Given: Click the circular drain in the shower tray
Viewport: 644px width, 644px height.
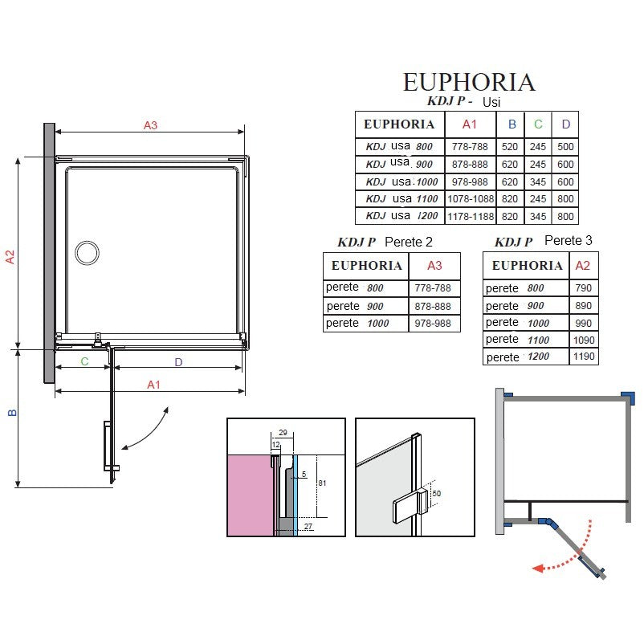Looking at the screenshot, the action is point(87,253).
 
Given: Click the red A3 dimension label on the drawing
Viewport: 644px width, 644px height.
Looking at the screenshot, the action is point(150,125).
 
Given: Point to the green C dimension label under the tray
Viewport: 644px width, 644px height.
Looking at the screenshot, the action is point(84,361).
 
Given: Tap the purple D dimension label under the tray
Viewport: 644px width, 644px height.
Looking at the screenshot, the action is point(178,362).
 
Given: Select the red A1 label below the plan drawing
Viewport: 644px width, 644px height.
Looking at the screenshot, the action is point(153,385).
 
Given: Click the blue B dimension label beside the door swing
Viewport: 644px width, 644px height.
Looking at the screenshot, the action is point(12,413).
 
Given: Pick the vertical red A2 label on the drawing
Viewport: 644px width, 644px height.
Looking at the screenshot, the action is point(10,257).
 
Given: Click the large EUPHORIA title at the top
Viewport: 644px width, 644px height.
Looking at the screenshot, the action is point(469,82).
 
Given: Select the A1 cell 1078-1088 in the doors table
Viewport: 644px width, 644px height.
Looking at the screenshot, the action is point(471,199).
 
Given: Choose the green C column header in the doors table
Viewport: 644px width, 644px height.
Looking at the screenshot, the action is point(538,124).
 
